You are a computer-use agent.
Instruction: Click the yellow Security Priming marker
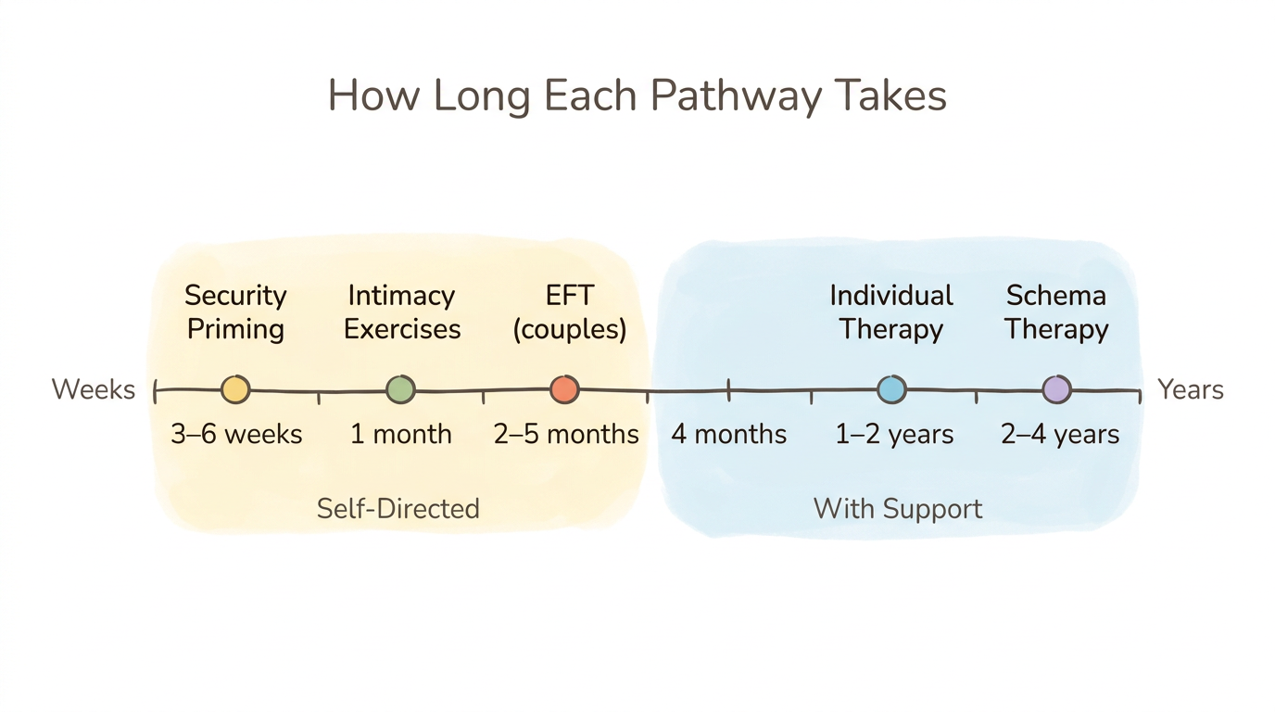tap(235, 389)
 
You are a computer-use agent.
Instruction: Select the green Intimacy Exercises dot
tap(400, 389)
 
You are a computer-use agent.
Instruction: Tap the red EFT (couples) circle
tap(564, 389)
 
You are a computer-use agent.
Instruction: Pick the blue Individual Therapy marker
tap(891, 389)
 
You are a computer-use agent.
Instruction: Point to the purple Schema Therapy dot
tap(1056, 389)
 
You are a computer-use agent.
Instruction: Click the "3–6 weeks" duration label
tap(236, 434)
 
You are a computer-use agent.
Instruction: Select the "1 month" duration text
tap(400, 434)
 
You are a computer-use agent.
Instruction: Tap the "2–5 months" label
tap(566, 434)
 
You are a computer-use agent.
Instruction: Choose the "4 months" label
tap(728, 434)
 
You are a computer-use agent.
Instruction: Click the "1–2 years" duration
tap(894, 434)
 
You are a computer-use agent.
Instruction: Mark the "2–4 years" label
tap(1060, 434)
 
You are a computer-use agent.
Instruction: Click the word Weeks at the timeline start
tap(94, 389)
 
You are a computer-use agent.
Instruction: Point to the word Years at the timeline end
tap(1191, 389)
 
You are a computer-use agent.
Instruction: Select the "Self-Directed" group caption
tap(398, 508)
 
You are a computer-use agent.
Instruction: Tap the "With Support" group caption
tap(897, 508)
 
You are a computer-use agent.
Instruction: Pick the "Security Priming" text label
tap(235, 312)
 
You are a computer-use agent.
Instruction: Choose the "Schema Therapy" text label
tap(1056, 312)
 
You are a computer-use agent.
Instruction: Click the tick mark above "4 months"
tap(728, 389)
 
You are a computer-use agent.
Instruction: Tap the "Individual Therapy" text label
tap(891, 312)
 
